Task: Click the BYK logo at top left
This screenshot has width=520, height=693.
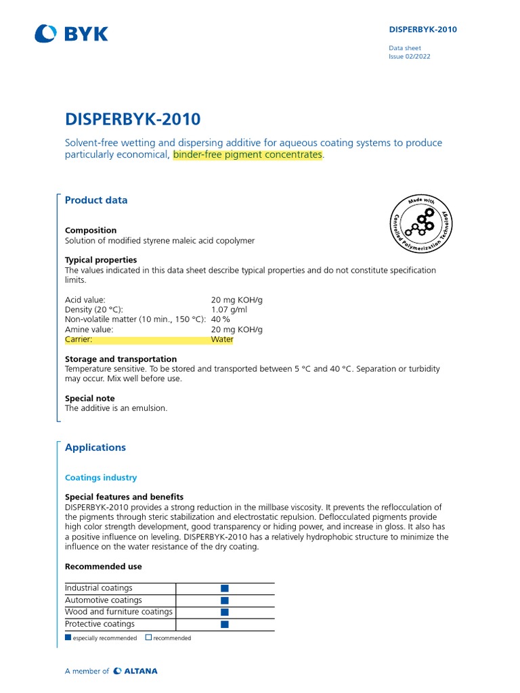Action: click(71, 33)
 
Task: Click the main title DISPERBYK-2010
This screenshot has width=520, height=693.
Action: click(133, 119)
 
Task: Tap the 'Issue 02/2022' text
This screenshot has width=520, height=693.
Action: click(409, 57)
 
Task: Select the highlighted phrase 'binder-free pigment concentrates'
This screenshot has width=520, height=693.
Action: click(248, 155)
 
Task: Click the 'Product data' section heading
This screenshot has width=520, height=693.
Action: click(95, 200)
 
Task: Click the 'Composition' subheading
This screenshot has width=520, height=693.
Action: click(91, 230)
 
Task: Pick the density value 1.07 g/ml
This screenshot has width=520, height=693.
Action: click(229, 309)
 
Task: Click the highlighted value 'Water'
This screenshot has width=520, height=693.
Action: click(222, 340)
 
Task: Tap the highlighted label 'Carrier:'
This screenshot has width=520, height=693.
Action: click(79, 340)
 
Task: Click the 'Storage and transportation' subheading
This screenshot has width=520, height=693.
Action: click(121, 359)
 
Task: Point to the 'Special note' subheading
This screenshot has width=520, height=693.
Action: click(90, 399)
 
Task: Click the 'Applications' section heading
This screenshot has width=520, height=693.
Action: click(95, 447)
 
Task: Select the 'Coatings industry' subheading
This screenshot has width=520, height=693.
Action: click(101, 478)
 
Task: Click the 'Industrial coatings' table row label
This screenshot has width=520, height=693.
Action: click(99, 588)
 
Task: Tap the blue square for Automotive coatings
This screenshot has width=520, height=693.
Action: click(225, 600)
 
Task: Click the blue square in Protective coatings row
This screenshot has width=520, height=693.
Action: click(225, 624)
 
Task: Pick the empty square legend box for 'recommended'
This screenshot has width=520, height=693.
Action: click(148, 638)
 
